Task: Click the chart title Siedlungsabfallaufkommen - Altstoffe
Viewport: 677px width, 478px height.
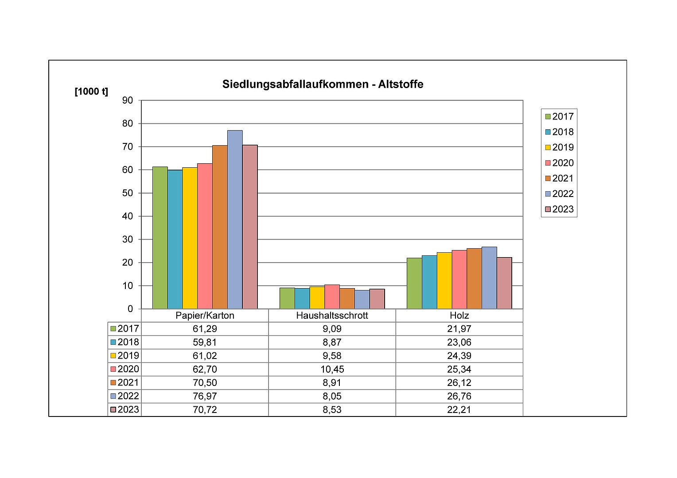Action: coord(323,84)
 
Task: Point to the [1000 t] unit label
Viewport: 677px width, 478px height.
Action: coord(91,92)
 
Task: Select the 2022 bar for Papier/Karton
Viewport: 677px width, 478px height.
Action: coord(235,220)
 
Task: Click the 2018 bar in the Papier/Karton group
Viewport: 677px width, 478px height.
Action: coord(175,239)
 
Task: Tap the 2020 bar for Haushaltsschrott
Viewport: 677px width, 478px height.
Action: coord(332,297)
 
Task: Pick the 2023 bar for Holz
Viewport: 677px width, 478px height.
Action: coord(504,283)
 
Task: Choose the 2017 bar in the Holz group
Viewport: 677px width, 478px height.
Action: coord(414,283)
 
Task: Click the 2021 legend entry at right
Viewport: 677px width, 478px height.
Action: coord(559,178)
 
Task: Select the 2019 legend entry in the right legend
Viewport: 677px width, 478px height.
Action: coord(559,147)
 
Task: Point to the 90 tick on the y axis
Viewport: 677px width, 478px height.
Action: coord(128,100)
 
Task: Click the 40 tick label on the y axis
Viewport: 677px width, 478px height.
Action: coord(128,216)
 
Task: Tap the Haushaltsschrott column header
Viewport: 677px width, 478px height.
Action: coord(332,316)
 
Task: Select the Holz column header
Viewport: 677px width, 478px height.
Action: coord(459,316)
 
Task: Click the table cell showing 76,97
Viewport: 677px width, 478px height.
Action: coord(205,396)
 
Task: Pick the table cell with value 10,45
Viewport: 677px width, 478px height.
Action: coord(332,369)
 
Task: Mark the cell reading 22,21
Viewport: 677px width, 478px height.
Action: coord(459,410)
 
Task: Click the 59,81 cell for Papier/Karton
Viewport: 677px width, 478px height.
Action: coord(205,342)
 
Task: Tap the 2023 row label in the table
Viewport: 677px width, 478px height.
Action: coord(125,410)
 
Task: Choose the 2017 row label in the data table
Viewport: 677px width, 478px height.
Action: coord(125,329)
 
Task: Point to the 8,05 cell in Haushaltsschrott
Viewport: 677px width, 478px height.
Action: coord(332,396)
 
